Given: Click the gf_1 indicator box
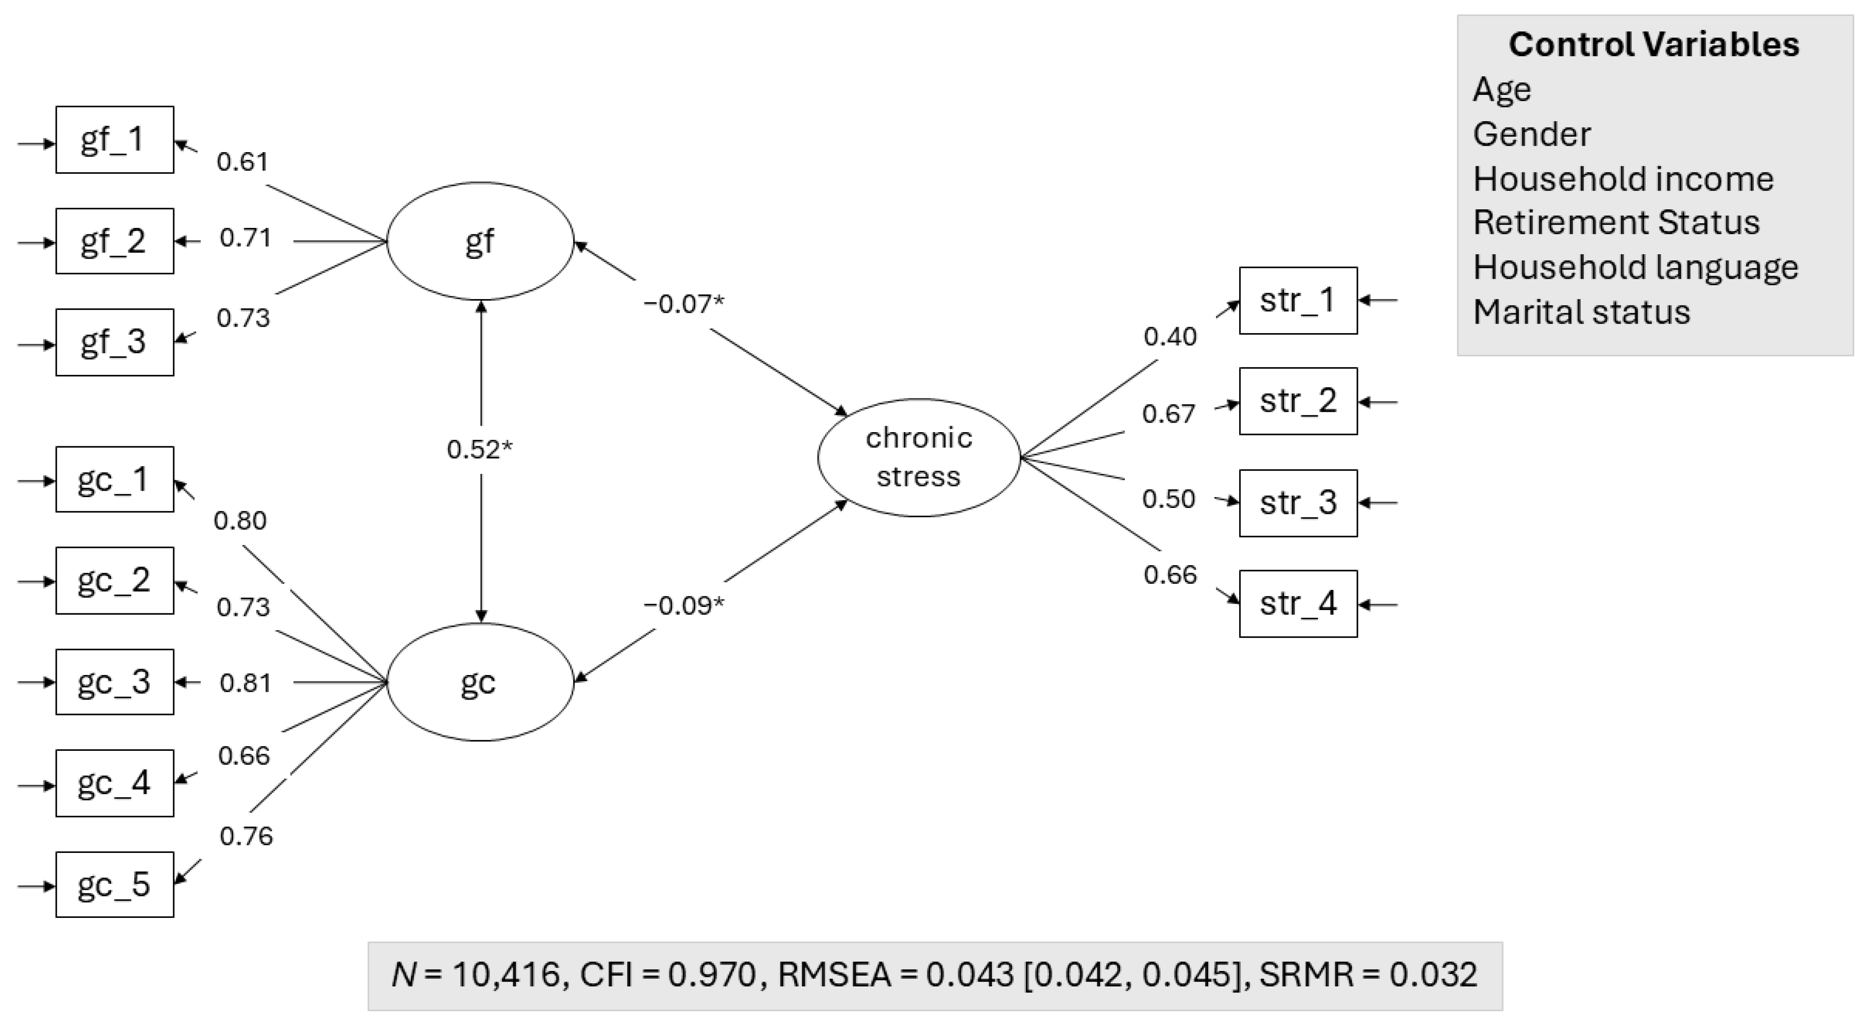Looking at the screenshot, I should tap(114, 140).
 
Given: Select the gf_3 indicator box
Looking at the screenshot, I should tap(114, 342).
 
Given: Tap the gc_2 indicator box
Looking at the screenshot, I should tap(114, 580).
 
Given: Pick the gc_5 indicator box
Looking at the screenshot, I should tap(114, 884).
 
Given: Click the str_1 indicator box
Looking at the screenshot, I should tap(1298, 301).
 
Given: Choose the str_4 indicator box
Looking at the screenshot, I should tap(1298, 603).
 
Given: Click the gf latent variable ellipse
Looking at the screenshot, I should tap(480, 241).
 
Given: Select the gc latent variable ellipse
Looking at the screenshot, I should tap(480, 682).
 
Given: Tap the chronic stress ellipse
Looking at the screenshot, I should tap(919, 457).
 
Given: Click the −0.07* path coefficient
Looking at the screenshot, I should tap(684, 304).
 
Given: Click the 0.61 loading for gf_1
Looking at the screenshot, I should tap(243, 162).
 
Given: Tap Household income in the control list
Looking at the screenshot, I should tap(1623, 179).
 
